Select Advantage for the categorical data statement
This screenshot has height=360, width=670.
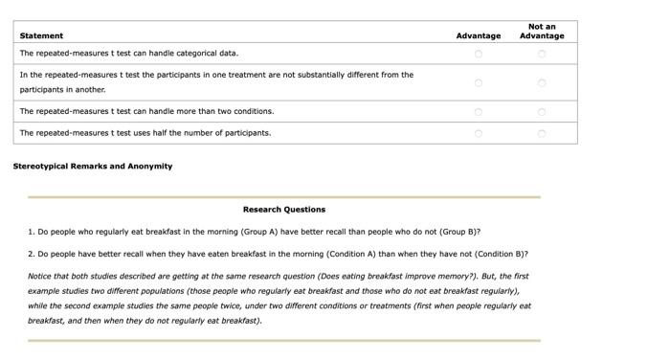[479, 54]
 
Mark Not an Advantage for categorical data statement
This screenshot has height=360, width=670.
[542, 54]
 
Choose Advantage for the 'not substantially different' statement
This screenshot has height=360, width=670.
[479, 83]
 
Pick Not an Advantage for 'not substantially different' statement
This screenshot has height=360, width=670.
[542, 83]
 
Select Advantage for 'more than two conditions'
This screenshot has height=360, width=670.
[479, 112]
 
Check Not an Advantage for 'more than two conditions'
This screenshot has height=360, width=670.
[542, 112]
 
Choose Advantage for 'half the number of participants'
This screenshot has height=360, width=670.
[479, 133]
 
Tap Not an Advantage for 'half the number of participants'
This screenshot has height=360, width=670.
[542, 133]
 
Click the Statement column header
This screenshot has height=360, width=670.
[41, 36]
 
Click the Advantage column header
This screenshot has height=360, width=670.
[479, 36]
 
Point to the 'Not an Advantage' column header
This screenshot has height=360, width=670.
[542, 32]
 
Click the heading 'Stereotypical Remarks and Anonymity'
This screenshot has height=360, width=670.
[93, 167]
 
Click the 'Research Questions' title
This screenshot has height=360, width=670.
[284, 210]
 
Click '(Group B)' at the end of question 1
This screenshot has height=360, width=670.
[459, 232]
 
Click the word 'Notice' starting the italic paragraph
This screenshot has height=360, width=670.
[40, 277]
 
